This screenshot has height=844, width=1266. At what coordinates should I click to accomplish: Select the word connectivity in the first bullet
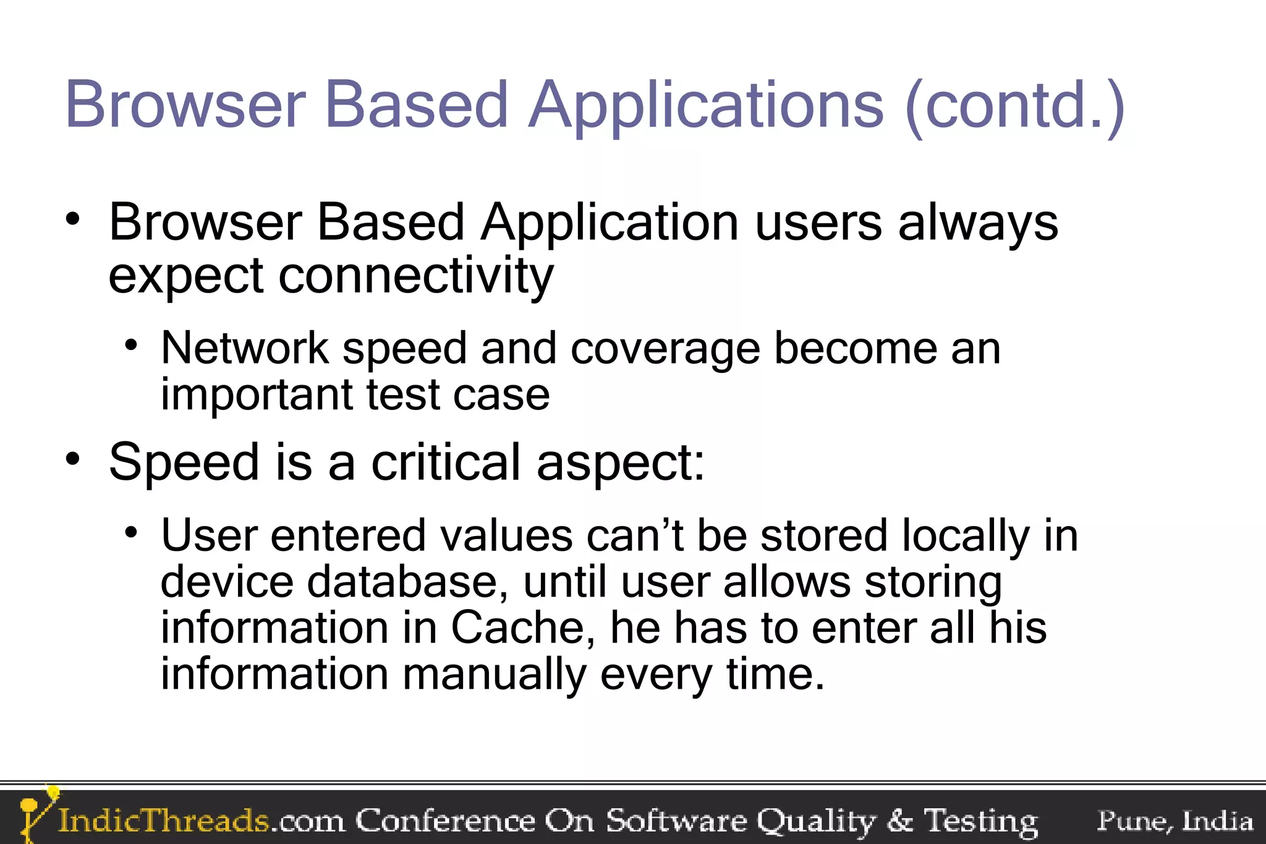[415, 276]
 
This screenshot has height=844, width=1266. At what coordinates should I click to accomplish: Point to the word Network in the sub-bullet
[245, 349]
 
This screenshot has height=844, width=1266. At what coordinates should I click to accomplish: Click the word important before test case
[256, 395]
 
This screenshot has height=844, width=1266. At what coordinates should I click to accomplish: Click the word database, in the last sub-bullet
[408, 582]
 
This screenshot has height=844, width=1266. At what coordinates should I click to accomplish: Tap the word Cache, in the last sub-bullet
[523, 628]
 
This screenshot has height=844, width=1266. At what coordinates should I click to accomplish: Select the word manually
[494, 675]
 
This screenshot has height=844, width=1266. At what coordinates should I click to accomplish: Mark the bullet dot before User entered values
[130, 532]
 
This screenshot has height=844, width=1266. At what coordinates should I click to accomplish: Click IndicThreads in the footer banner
[163, 821]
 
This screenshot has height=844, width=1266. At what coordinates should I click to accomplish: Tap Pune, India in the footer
[1175, 821]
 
